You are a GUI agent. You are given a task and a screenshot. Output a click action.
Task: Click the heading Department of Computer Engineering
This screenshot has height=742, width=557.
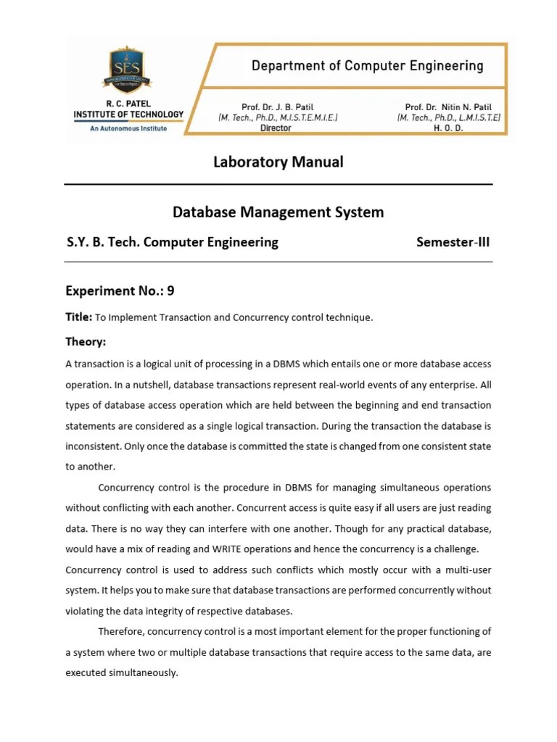367,66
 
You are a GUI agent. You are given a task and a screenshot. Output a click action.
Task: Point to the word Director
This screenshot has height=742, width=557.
276,128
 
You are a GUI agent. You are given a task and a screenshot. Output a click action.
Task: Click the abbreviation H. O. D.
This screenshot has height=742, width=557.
447,128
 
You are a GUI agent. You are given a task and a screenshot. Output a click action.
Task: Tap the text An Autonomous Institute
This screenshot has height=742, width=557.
128,128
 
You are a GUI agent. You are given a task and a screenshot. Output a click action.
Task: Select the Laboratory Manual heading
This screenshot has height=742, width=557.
278,162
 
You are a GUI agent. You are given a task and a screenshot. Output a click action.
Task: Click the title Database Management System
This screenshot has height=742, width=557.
278,212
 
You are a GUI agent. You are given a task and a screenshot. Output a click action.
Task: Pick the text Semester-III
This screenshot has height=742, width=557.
453,242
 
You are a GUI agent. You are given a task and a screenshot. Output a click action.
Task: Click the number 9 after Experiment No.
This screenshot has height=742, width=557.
171,291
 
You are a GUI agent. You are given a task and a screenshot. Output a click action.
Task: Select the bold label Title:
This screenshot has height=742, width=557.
78,317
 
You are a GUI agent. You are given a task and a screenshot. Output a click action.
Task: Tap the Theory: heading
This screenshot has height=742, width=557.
86,341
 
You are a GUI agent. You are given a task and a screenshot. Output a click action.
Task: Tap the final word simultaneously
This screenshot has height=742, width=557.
142,672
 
